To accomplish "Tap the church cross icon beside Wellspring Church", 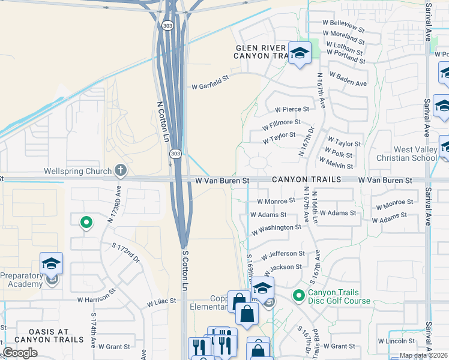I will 121,171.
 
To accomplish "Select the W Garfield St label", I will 211,86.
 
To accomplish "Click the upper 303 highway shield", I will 167,26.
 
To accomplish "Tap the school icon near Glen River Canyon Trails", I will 299,53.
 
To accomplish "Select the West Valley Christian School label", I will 415,154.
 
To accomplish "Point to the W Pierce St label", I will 292,109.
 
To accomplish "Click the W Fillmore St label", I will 282,124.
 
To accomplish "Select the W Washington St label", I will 276,229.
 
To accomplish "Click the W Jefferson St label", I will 284,255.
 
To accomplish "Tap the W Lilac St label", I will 159,301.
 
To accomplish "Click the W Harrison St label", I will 97,298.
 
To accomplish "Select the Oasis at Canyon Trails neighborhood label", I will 49,335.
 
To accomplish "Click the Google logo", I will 20,353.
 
